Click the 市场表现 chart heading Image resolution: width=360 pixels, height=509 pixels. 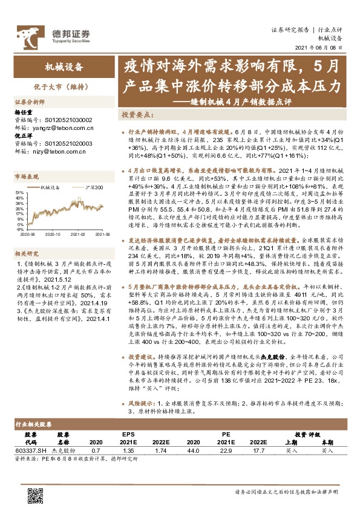[27, 177]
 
